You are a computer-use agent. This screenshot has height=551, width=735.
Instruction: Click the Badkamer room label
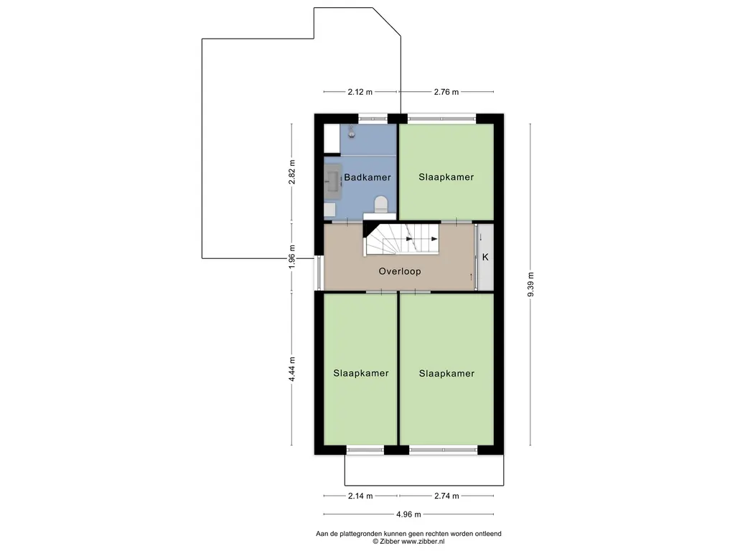(x=367, y=177)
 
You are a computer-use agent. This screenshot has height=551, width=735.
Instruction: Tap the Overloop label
(x=400, y=271)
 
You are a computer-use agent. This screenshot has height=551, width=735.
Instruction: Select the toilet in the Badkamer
(x=380, y=204)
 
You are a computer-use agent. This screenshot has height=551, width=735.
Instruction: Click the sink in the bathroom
(x=333, y=179)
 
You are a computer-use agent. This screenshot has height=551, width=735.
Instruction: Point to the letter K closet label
(x=485, y=257)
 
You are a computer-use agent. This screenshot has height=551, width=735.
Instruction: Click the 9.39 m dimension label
(x=530, y=284)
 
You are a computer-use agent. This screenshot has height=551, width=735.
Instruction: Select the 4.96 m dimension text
(x=408, y=514)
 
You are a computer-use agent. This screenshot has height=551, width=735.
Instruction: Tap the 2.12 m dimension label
(x=360, y=92)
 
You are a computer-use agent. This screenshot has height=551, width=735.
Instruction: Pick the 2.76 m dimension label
(x=446, y=92)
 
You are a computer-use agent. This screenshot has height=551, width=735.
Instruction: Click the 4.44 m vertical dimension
(x=291, y=369)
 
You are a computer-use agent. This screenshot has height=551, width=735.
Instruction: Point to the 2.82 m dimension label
(x=291, y=172)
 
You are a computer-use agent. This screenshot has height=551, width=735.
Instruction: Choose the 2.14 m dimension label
(x=360, y=496)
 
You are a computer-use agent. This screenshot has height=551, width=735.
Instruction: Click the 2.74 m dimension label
(x=446, y=496)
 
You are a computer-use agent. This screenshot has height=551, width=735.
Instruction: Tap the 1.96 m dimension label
(x=291, y=257)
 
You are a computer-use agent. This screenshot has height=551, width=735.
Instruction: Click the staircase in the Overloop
(x=402, y=239)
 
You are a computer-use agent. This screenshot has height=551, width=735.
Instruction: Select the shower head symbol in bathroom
(x=352, y=132)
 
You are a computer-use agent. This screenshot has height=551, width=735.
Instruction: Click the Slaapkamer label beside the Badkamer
(x=446, y=177)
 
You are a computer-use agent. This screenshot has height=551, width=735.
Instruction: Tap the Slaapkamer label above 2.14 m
(x=361, y=373)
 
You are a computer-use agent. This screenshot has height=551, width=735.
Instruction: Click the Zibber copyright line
(x=408, y=541)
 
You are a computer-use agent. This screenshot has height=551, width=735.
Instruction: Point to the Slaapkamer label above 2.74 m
(x=446, y=373)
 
